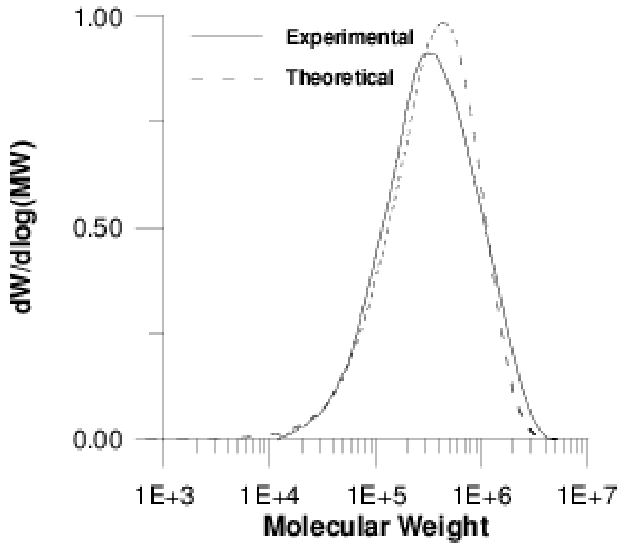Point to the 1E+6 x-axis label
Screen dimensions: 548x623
(x=482, y=497)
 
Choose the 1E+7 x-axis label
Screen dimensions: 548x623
(x=587, y=497)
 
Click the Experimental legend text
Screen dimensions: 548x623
(x=349, y=37)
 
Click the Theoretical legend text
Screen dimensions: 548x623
(x=339, y=77)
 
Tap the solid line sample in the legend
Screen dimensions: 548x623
(x=227, y=37)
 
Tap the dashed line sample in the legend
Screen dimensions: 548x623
(x=227, y=77)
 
